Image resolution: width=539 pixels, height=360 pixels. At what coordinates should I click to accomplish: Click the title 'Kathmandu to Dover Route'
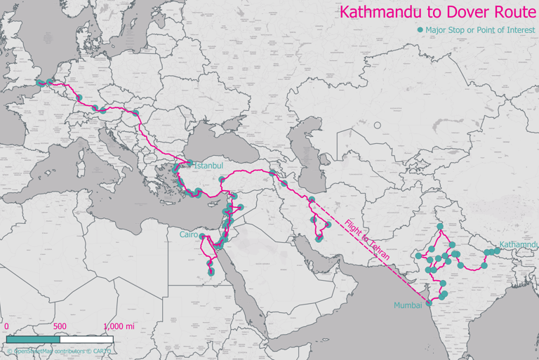pyautogui.click(x=437, y=12)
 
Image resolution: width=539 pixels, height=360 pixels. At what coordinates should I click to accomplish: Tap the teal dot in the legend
pyautogui.click(x=420, y=30)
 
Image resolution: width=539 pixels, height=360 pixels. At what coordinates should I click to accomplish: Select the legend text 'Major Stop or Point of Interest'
pyautogui.click(x=480, y=30)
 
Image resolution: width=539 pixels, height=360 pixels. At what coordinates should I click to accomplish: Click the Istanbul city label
pyautogui.click(x=208, y=166)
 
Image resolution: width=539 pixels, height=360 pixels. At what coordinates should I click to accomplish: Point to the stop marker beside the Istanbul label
pyautogui.click(x=189, y=164)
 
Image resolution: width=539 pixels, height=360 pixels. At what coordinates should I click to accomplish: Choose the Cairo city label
pyautogui.click(x=189, y=236)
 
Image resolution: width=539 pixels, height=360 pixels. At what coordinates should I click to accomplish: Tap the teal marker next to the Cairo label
pyautogui.click(x=202, y=236)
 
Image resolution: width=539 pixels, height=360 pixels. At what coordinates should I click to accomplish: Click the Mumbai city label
pyautogui.click(x=408, y=305)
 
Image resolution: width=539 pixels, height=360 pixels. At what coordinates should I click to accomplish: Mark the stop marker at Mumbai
pyautogui.click(x=430, y=304)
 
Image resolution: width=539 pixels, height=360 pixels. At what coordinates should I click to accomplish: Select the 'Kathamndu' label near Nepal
pyautogui.click(x=519, y=244)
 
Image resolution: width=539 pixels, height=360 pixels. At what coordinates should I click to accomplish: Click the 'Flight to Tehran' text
pyautogui.click(x=365, y=241)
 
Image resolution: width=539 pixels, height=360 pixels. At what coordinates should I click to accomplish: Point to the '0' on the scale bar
pyautogui.click(x=6, y=326)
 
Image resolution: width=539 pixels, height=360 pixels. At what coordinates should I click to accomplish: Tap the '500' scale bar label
pyautogui.click(x=60, y=326)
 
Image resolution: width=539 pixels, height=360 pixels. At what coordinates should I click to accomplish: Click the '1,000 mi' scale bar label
pyautogui.click(x=119, y=326)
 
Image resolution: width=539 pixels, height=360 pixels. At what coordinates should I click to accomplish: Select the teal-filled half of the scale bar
pyautogui.click(x=33, y=340)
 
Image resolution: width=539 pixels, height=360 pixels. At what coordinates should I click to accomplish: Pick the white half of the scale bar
pyautogui.click(x=86, y=340)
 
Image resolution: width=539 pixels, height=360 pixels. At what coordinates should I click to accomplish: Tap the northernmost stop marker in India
pyautogui.click(x=440, y=227)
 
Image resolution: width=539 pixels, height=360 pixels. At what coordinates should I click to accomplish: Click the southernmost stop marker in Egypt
pyautogui.click(x=211, y=272)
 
